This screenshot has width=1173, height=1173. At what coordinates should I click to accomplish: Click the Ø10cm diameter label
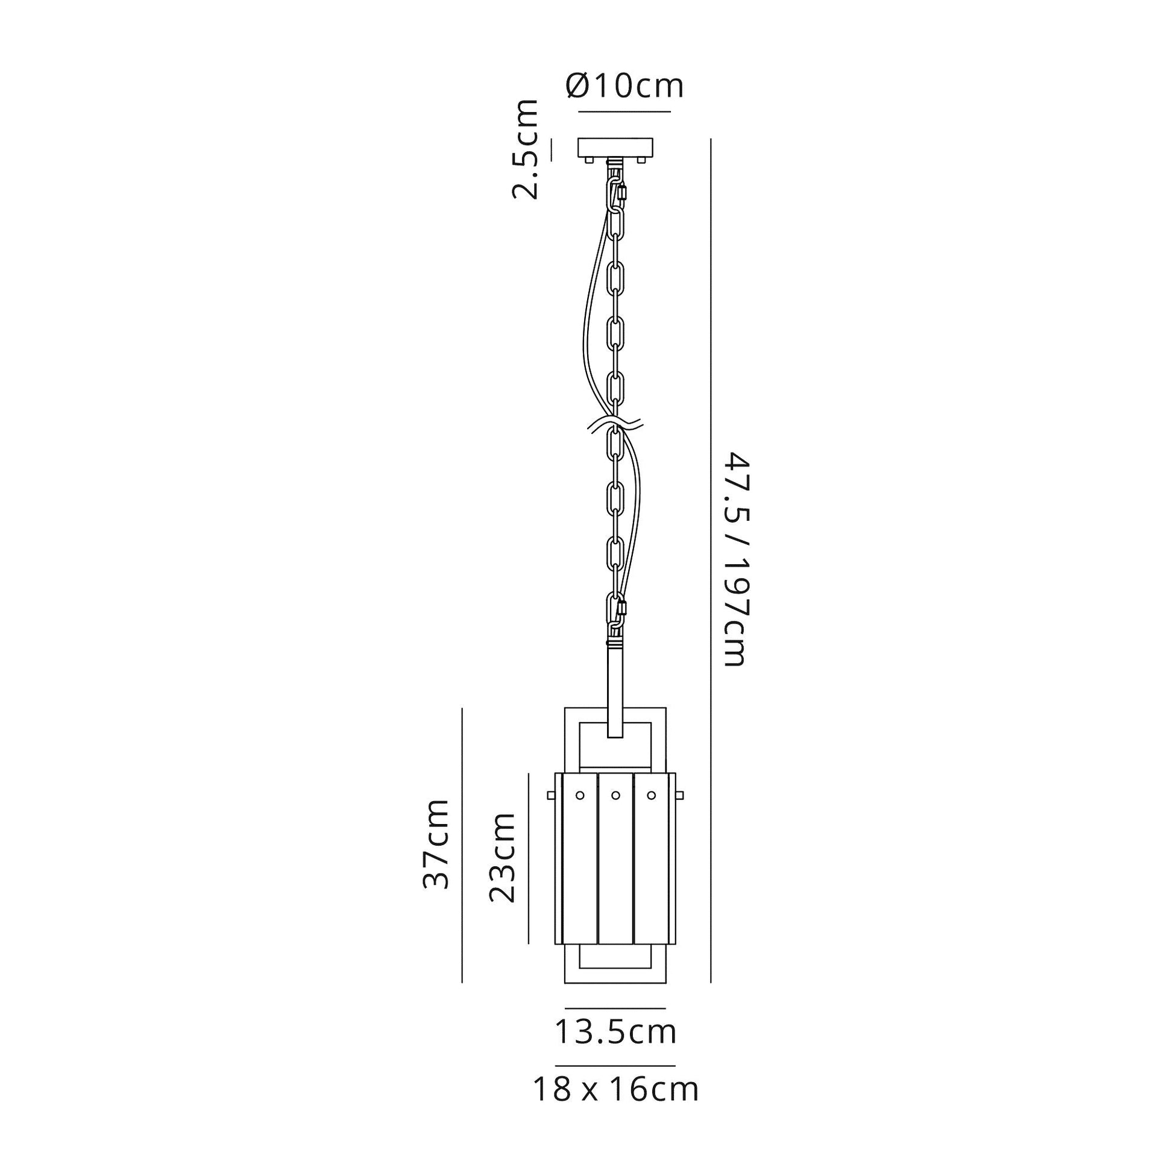click(x=624, y=86)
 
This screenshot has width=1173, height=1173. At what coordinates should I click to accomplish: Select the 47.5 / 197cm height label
click(x=735, y=559)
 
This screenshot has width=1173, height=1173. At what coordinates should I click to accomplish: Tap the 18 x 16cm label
click(x=616, y=1089)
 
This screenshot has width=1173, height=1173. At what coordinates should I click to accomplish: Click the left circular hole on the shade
click(x=579, y=794)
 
